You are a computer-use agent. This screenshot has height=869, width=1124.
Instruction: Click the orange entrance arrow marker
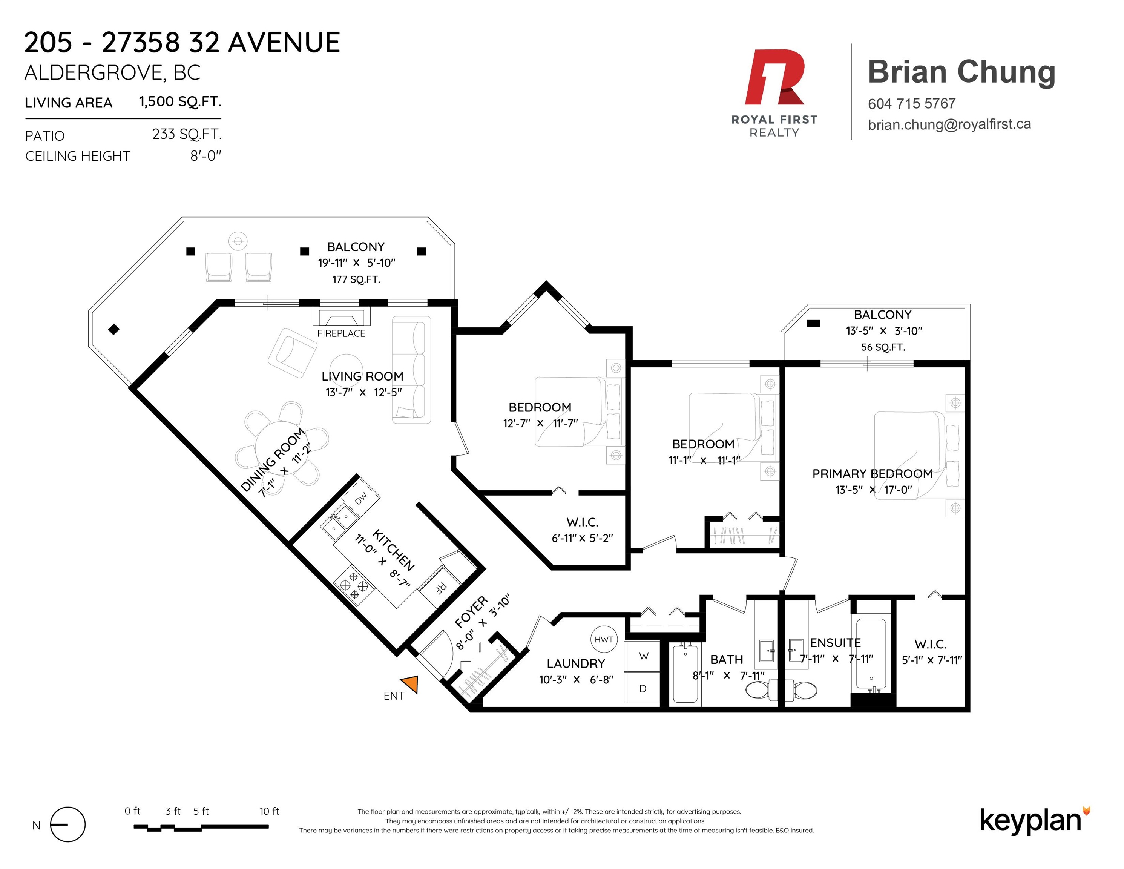410,683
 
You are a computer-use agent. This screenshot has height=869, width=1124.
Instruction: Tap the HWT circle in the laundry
603,639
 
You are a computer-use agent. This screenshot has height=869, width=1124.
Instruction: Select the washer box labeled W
643,656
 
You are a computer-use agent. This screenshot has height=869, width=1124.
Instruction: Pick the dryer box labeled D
643,688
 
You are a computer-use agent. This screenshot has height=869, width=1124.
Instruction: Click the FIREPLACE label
341,333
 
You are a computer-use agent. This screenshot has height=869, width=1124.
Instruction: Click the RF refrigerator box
440,587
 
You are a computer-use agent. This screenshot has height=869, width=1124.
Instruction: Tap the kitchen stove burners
354,586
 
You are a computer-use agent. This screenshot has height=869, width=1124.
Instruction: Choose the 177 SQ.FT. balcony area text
356,279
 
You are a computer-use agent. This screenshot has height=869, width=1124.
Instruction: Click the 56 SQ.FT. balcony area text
883,347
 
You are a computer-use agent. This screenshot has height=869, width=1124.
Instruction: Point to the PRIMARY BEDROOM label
872,474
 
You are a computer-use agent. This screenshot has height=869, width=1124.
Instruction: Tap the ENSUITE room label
835,642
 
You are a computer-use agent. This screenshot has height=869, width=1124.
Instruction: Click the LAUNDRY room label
575,663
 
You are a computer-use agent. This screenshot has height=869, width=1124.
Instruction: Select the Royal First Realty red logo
774,77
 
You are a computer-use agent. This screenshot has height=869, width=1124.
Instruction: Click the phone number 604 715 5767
911,104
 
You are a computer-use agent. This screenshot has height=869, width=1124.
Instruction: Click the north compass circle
67,824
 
